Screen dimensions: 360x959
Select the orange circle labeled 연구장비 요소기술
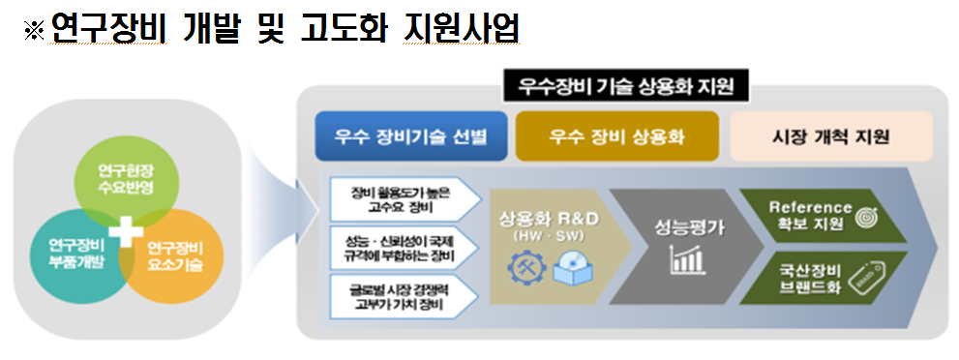click(x=175, y=254)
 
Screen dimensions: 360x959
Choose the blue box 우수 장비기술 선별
click(x=412, y=136)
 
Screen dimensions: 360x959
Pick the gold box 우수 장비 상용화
click(x=616, y=136)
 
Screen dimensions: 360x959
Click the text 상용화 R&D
click(x=546, y=218)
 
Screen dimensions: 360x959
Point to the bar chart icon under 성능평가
click(x=686, y=259)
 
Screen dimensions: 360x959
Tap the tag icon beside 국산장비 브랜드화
click(x=869, y=280)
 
